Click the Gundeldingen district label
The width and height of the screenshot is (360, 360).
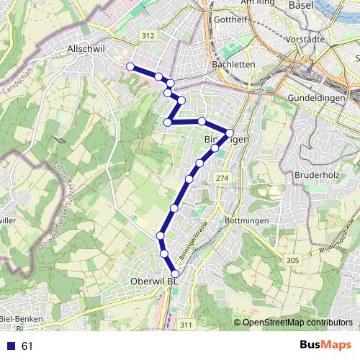318,97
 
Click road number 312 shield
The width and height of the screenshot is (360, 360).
149,35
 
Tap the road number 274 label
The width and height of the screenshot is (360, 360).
222,178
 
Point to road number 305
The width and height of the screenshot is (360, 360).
292,260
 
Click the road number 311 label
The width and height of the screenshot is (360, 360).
186,325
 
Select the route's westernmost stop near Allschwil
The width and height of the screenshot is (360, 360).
130,67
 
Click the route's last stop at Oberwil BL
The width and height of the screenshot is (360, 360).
174,273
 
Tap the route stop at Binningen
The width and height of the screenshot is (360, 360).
230,132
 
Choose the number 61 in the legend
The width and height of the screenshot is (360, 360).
27,346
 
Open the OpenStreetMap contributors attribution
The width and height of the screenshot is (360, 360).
297,323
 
